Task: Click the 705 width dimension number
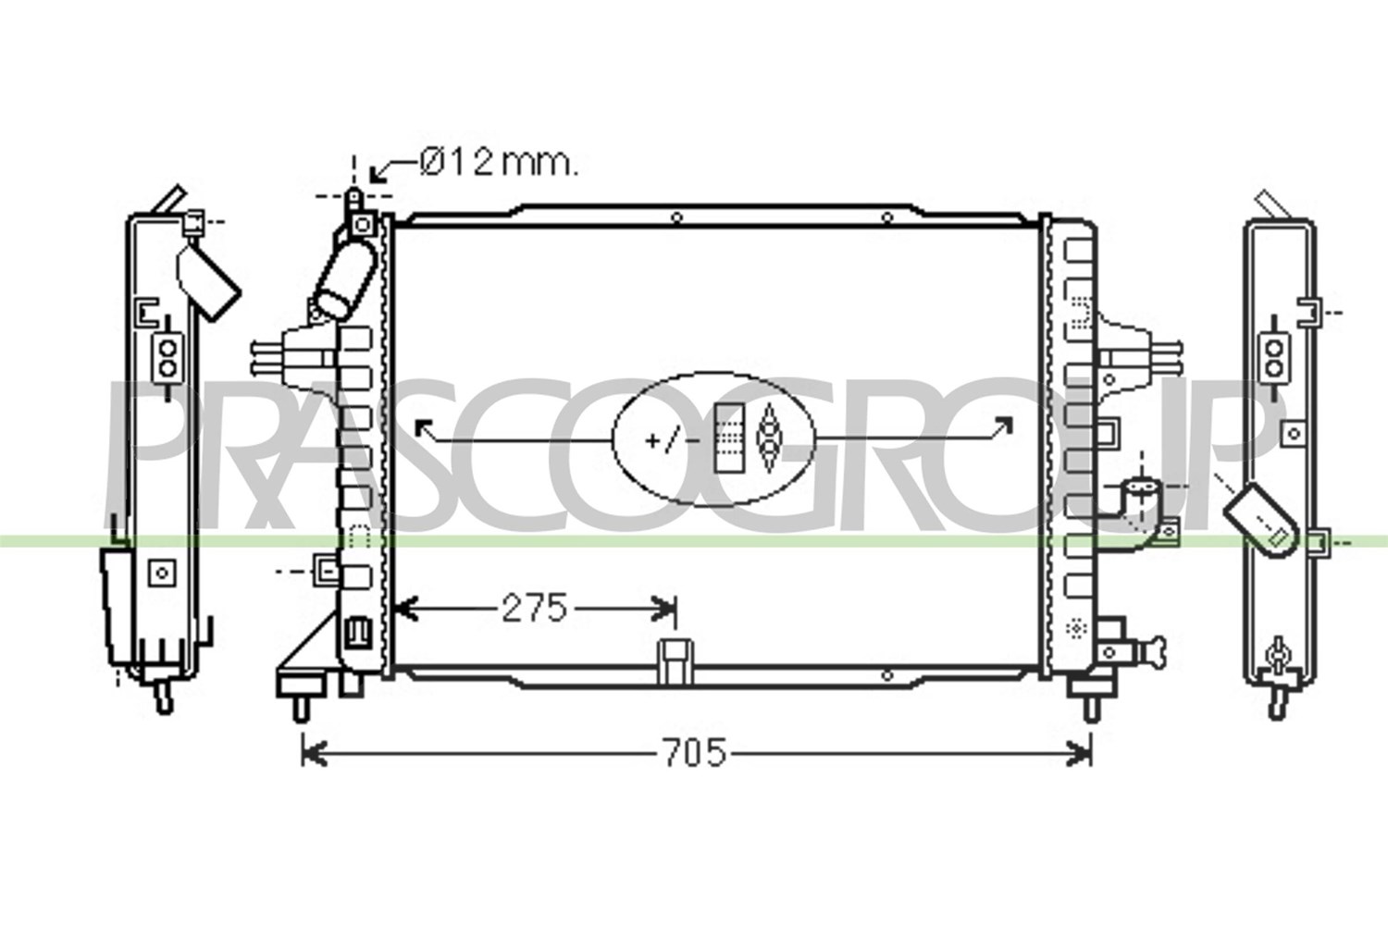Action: (694, 753)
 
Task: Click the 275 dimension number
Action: (534, 608)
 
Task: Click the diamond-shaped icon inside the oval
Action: (769, 438)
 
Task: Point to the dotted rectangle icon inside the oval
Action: (729, 438)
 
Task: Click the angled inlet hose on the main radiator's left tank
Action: (345, 280)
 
